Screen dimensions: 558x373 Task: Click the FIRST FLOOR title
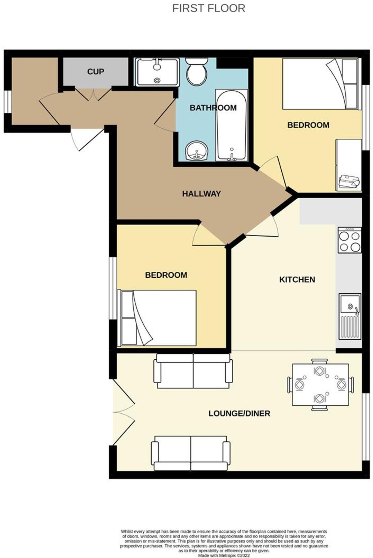pyautogui.click(x=209, y=8)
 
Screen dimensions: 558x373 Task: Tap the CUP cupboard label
pyautogui.click(x=95, y=72)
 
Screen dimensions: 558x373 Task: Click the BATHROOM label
pyautogui.click(x=213, y=108)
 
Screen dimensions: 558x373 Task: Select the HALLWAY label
pyautogui.click(x=201, y=194)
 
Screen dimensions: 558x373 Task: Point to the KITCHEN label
pyautogui.click(x=297, y=280)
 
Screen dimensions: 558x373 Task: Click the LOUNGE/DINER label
pyautogui.click(x=239, y=413)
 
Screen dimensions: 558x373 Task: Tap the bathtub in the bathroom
pyautogui.click(x=231, y=125)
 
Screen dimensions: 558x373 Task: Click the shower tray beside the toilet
pyautogui.click(x=157, y=72)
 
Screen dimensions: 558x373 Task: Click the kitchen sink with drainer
pyautogui.click(x=350, y=316)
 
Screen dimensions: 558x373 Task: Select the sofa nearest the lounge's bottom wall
pyautogui.click(x=191, y=453)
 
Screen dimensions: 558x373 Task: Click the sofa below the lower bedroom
pyautogui.click(x=193, y=371)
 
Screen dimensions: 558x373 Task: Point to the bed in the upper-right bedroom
pyautogui.click(x=320, y=84)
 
